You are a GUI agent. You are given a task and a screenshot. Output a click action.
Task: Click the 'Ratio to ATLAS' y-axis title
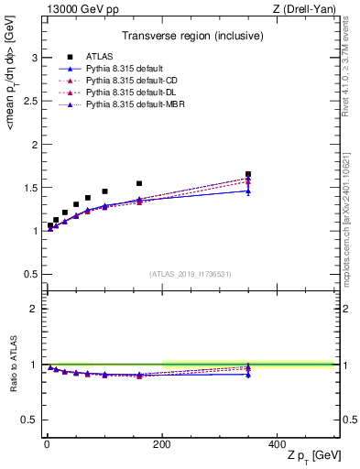[x=15, y=364]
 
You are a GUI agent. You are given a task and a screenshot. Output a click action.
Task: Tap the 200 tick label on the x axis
[x=161, y=443]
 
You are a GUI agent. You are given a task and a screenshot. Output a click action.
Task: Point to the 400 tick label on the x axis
[x=277, y=443]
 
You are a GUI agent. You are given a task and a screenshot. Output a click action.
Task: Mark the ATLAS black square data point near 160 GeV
[x=139, y=183]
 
